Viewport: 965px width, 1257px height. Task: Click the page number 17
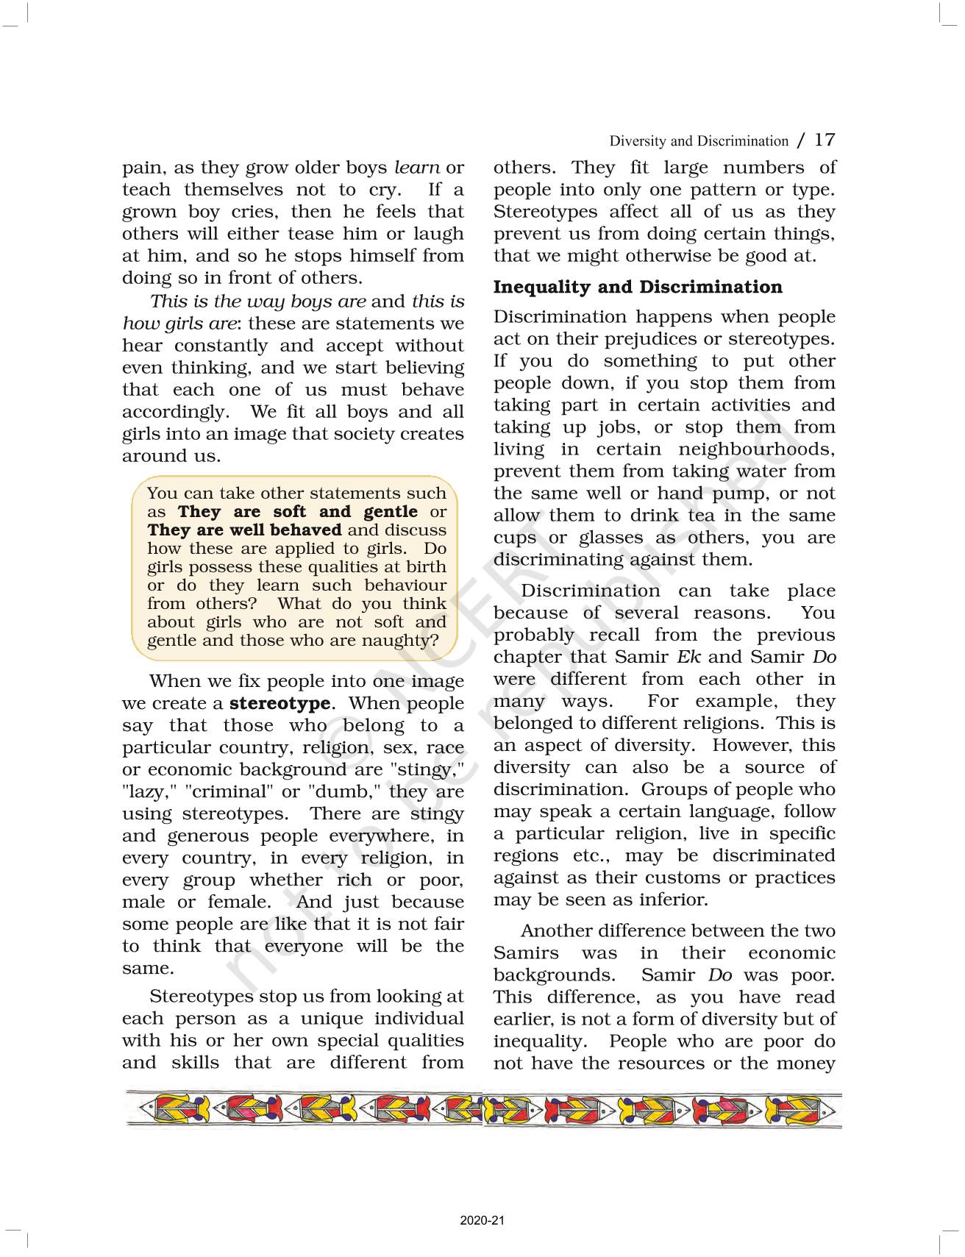(x=825, y=139)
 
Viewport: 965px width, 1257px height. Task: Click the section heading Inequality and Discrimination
(x=638, y=287)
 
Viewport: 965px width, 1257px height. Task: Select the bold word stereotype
(x=279, y=703)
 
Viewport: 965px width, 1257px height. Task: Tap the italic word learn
(x=417, y=168)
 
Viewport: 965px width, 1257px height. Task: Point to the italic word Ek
(x=688, y=657)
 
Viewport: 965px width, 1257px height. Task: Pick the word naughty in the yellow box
(x=405, y=640)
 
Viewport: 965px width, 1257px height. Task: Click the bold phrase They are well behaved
(x=244, y=530)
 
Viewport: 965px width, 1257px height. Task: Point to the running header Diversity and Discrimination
(x=699, y=140)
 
